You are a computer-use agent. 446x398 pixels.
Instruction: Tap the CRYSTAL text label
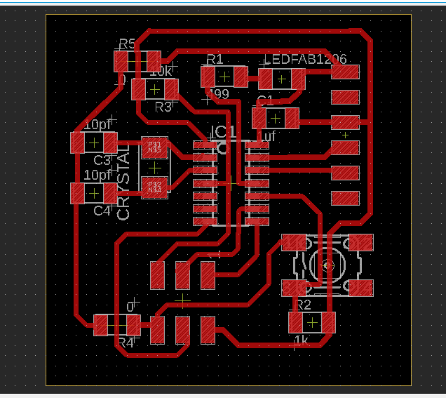(123, 184)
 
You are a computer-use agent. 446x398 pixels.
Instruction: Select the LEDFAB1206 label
(305, 60)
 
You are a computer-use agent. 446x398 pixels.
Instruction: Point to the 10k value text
(161, 72)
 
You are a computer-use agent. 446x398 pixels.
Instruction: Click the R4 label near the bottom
(126, 343)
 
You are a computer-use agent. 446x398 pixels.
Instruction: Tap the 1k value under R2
(301, 341)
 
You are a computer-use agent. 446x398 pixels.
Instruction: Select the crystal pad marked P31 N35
(155, 147)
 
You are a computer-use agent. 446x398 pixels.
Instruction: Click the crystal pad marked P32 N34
(155, 187)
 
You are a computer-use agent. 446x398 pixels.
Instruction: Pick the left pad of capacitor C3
(79, 143)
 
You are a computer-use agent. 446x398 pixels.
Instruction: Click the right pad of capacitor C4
(110, 192)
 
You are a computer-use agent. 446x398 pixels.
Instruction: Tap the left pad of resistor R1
(208, 77)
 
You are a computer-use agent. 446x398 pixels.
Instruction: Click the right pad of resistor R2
(327, 322)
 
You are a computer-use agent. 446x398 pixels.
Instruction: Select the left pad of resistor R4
(102, 325)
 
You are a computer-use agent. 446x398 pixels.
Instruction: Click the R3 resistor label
(163, 107)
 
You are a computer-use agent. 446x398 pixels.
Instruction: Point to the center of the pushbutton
(327, 265)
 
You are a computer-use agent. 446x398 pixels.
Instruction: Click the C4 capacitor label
(102, 210)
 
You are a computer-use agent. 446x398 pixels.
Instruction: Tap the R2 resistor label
(302, 305)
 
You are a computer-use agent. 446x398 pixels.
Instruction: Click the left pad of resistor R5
(121, 61)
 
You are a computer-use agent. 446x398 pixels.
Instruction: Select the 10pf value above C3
(98, 124)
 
